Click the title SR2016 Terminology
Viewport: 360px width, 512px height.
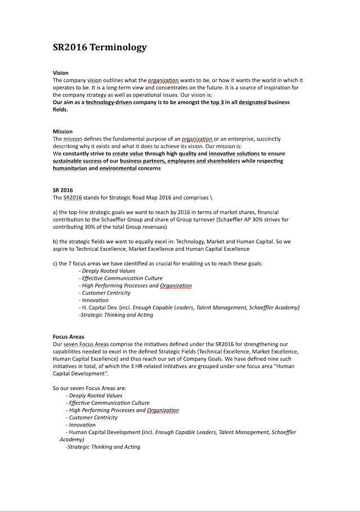(100, 47)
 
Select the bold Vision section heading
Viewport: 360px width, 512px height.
(61, 73)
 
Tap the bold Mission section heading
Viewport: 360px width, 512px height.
(62, 132)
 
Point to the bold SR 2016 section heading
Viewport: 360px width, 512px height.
(62, 190)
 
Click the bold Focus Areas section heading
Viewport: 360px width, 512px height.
(69, 337)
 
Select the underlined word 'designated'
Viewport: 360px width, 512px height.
(249, 102)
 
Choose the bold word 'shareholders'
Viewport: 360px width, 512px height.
(219, 161)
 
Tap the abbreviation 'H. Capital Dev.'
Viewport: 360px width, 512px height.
(100, 307)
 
